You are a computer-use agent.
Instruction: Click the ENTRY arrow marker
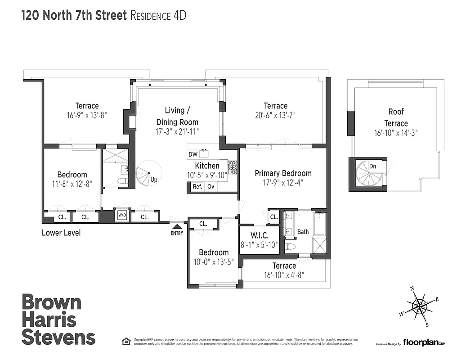coord(177,227)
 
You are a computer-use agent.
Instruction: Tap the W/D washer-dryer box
coord(122,216)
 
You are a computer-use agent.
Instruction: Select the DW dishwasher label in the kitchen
coord(193,154)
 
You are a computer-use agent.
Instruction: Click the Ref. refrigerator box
coord(197,187)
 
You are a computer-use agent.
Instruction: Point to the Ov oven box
coord(211,187)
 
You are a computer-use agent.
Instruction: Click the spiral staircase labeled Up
coord(145,173)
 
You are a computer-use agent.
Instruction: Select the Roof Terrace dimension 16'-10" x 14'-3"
coord(396,133)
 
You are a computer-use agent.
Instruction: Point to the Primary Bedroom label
coord(283,173)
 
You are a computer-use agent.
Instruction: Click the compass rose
coord(419,306)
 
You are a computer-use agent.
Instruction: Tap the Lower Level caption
coord(61,233)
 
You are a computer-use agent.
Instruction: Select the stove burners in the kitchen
coord(232,167)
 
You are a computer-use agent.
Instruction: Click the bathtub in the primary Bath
coord(319,224)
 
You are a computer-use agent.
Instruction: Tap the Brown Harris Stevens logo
coord(58,319)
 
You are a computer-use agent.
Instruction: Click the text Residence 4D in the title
coord(158,15)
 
